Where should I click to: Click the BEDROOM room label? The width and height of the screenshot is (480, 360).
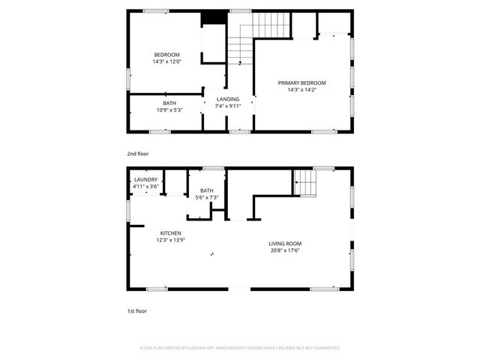coord(166,54)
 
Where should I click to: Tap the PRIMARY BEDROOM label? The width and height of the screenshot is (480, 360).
coord(302,82)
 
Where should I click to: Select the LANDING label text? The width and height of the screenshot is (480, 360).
coord(228,99)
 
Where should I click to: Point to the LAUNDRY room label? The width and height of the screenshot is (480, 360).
coord(145,180)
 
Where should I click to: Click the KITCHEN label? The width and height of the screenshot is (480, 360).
coord(170,234)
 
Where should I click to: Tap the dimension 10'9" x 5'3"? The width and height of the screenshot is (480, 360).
coord(170,110)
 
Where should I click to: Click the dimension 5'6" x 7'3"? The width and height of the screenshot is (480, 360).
coord(207,197)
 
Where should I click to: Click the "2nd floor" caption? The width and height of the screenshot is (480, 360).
coord(137,154)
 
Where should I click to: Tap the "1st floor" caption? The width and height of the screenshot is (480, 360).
coord(137,310)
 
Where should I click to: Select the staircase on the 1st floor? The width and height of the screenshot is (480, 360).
coord(304,181)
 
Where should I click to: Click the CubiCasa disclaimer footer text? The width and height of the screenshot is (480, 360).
coord(240,348)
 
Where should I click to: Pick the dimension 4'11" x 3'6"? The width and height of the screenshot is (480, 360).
coord(145,187)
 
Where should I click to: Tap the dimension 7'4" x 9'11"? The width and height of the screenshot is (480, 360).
coord(228,106)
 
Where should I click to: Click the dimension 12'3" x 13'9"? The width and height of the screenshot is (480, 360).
coord(170,241)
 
